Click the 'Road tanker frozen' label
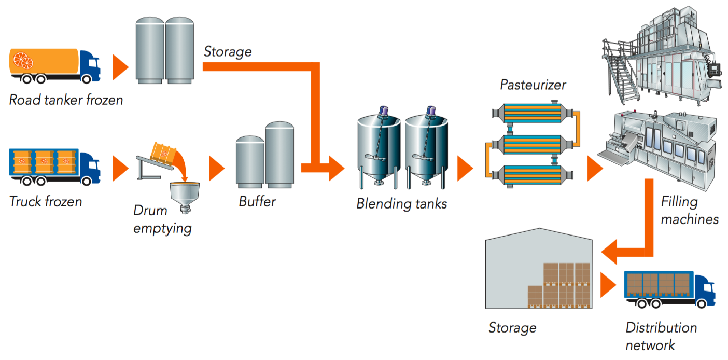tap(66, 100)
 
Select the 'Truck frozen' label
tap(46, 201)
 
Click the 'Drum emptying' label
tap(162, 219)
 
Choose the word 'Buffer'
tap(257, 201)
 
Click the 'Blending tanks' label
tap(401, 203)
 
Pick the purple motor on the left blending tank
tap(383, 110)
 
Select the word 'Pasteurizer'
tap(533, 85)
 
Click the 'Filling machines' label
tap(689, 210)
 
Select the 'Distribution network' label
tap(661, 336)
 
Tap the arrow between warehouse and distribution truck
tap(607, 285)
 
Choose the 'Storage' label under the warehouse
tap(512, 328)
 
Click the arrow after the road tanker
tap(120, 67)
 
